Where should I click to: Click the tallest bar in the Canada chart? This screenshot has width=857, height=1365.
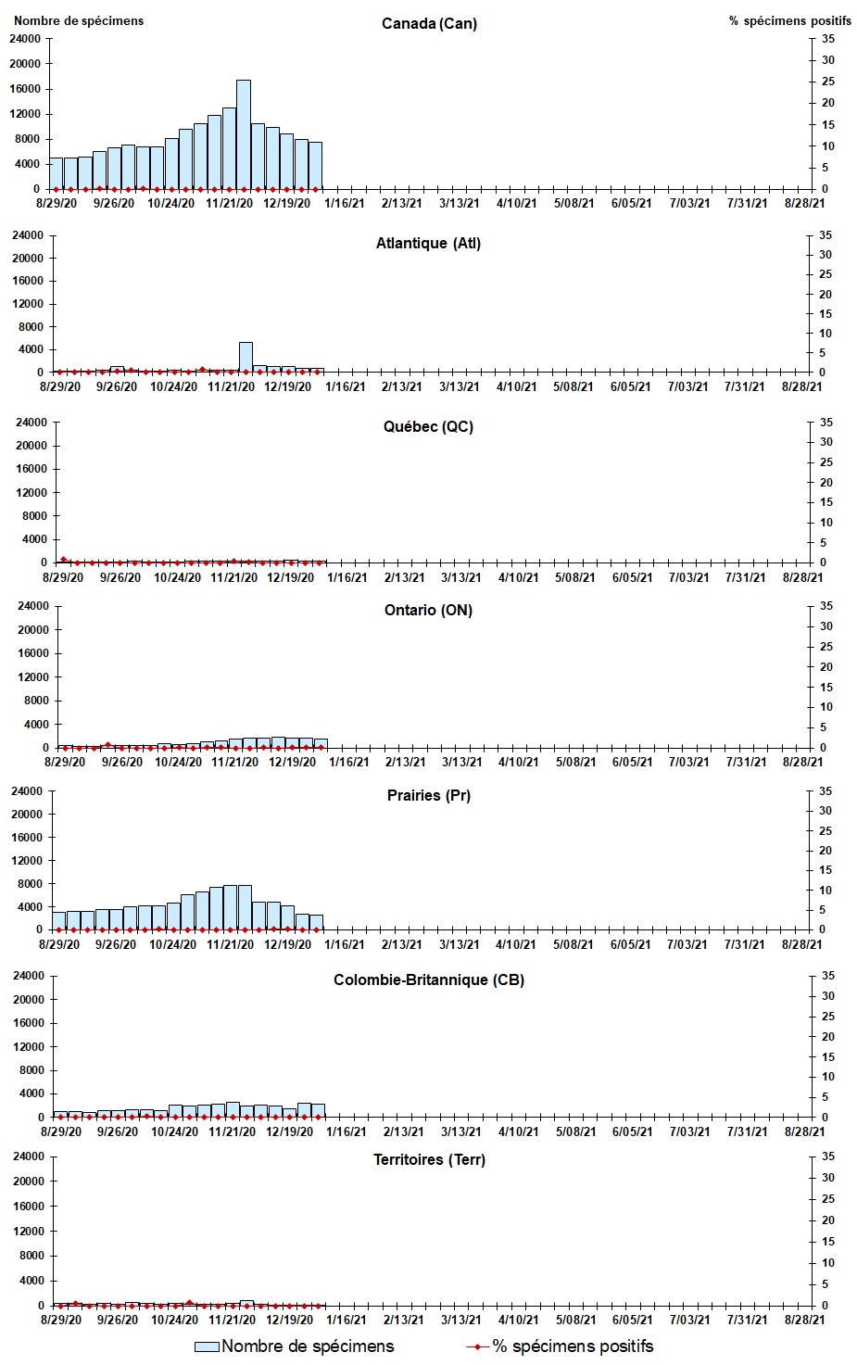pos(244,134)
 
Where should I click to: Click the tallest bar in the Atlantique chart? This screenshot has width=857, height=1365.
pos(246,358)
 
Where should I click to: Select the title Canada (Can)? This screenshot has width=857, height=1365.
pos(429,23)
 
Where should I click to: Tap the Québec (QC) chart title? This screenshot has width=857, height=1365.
pos(428,426)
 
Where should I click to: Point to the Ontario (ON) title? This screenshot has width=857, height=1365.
pos(428,610)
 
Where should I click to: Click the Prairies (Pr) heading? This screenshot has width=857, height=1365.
pos(428,795)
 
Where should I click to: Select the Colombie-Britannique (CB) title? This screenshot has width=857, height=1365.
pos(428,980)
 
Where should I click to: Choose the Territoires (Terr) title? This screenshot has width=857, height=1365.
pos(429,1159)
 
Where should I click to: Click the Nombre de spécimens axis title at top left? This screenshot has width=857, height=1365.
pos(79,20)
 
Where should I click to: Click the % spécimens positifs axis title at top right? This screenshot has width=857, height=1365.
pos(789,20)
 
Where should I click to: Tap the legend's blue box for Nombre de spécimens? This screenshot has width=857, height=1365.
pos(207,1346)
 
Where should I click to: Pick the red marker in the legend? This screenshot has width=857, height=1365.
pos(478,1346)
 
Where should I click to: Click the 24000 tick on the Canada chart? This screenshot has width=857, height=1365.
pos(25,39)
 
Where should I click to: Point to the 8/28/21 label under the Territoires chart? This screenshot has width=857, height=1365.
pos(802,1320)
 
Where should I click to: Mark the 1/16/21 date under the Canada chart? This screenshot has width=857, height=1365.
pos(345,203)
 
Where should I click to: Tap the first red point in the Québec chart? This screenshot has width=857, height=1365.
pos(63,559)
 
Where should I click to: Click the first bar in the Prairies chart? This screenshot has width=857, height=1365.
pos(59,920)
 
